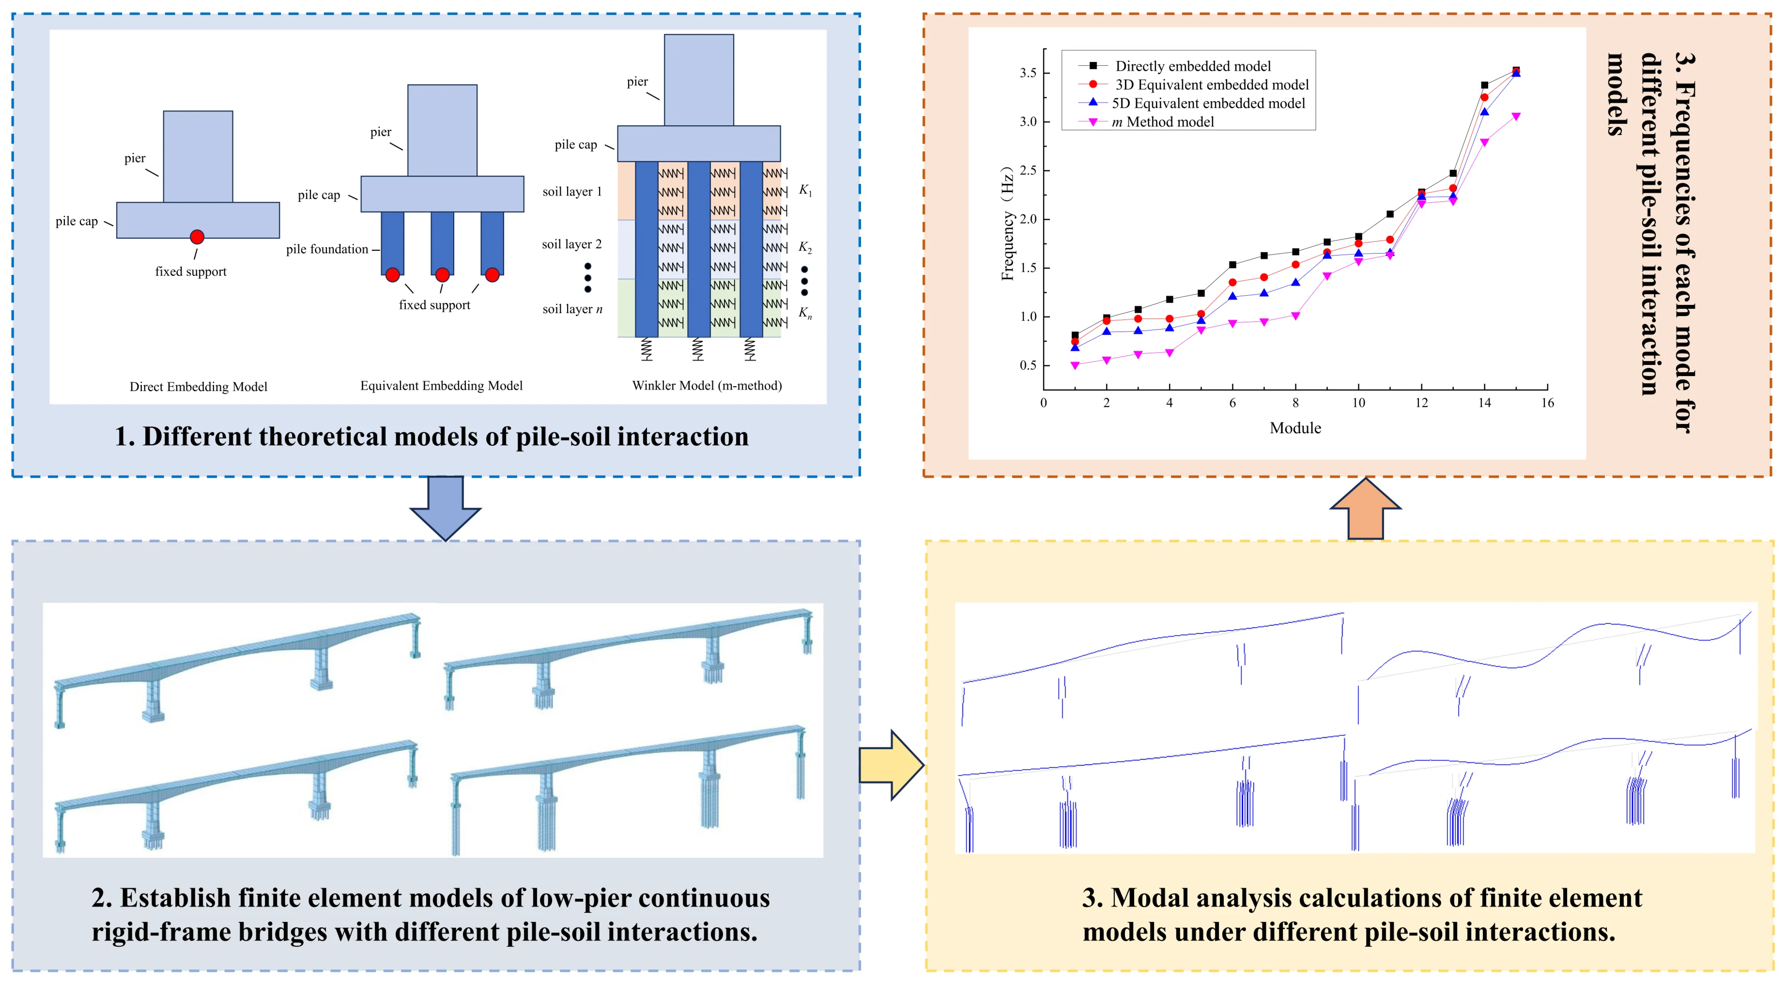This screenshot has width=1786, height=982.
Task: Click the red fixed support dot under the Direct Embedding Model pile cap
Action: (197, 237)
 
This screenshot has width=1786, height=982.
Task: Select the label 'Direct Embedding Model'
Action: (198, 387)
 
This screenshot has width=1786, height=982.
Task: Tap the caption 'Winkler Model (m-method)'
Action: (707, 385)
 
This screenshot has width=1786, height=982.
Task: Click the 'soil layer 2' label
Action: (571, 244)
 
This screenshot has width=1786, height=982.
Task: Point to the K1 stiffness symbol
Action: (805, 190)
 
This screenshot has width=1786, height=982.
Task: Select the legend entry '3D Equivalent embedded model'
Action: (1211, 85)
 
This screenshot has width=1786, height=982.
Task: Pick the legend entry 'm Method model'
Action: (1163, 122)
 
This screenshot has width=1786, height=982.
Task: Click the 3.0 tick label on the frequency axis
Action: (1028, 122)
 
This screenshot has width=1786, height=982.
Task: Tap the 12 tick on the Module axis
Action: (1421, 403)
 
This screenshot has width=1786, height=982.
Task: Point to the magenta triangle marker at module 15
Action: (1516, 117)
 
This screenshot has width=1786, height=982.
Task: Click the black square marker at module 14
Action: (1484, 85)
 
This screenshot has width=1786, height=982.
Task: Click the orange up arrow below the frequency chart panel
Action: (1365, 509)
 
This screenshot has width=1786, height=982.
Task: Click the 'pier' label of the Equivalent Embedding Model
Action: (380, 132)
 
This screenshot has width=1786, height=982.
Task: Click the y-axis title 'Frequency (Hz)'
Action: (1007, 223)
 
